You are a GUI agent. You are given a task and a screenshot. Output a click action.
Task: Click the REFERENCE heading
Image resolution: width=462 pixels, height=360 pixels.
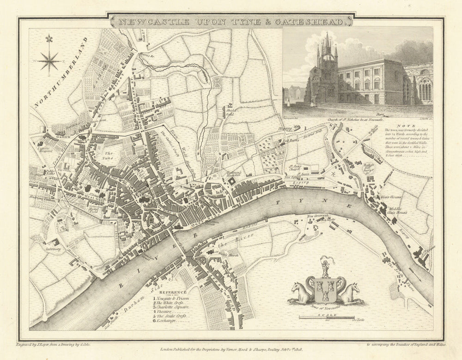(x=173, y=292)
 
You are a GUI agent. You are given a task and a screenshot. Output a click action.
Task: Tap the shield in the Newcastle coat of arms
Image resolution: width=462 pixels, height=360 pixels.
(x=326, y=288)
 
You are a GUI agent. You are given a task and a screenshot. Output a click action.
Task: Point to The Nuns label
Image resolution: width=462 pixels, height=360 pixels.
(x=109, y=155)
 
